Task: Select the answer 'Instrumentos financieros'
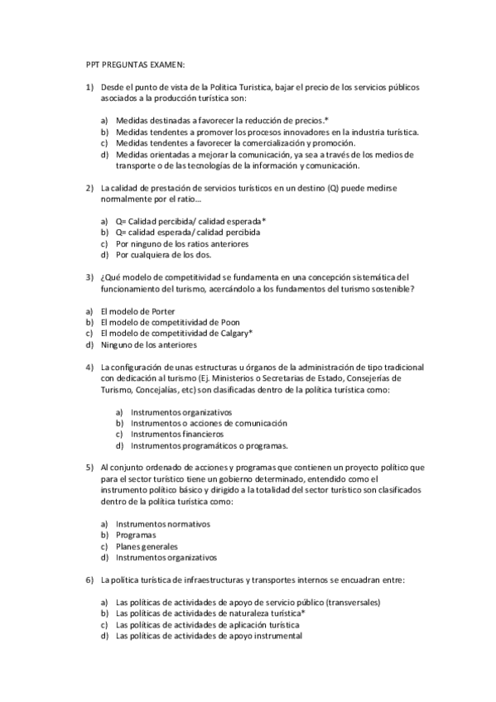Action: [170, 434]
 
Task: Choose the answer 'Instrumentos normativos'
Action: [163, 524]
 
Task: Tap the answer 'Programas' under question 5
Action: [137, 535]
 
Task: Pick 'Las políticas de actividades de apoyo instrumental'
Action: [209, 636]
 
